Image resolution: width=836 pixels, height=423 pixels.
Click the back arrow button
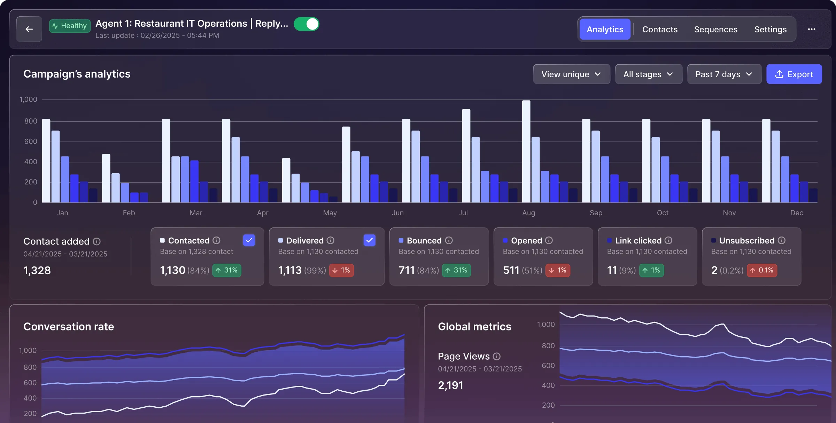point(29,29)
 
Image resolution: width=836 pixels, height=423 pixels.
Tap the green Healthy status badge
point(70,26)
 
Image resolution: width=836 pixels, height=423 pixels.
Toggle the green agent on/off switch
point(307,24)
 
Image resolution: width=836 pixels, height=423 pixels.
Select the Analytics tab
point(605,29)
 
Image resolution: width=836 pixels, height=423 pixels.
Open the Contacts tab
point(660,29)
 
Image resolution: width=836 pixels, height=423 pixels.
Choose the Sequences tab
point(715,29)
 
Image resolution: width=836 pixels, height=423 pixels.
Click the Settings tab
point(770,29)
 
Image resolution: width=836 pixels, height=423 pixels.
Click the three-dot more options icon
point(812,29)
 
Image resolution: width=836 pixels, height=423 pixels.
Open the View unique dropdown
point(571,74)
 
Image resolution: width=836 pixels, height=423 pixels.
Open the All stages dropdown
point(648,74)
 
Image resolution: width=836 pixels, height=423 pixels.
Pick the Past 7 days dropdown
point(724,74)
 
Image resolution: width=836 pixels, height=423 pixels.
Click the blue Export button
point(794,74)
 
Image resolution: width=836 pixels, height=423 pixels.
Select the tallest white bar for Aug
point(526,151)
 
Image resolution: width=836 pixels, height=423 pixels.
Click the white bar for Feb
point(106,178)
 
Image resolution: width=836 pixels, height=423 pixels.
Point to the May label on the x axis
point(330,213)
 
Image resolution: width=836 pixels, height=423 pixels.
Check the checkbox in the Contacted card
point(249,240)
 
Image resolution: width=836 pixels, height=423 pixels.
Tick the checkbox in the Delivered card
point(369,240)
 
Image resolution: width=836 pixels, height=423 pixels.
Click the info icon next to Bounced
point(449,240)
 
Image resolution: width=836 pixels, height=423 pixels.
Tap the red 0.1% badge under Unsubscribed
point(762,270)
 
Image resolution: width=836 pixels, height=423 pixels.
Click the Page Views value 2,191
point(450,385)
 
